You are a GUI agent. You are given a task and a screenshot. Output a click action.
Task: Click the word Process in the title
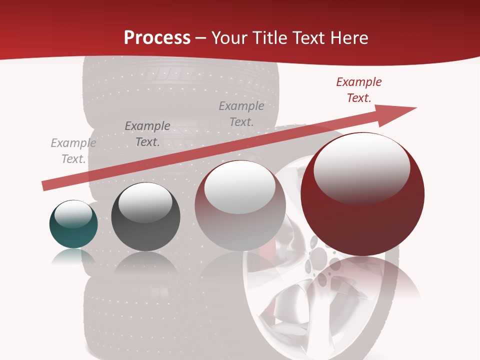pos(157,38)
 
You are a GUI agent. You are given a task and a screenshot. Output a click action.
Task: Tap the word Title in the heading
pos(269,38)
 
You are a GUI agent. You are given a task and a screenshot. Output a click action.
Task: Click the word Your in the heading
pos(229,38)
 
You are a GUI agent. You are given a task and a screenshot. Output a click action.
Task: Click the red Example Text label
pos(359,90)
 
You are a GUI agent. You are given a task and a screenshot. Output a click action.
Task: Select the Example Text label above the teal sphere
pos(73,151)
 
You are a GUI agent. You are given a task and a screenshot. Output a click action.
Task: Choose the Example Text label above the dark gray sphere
pos(147,134)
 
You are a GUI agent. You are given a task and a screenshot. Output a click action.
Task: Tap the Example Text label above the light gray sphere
pos(241,113)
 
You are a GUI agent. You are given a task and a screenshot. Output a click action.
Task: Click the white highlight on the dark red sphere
pos(361,167)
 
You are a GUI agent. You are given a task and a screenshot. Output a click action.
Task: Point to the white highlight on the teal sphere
pos(73,213)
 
